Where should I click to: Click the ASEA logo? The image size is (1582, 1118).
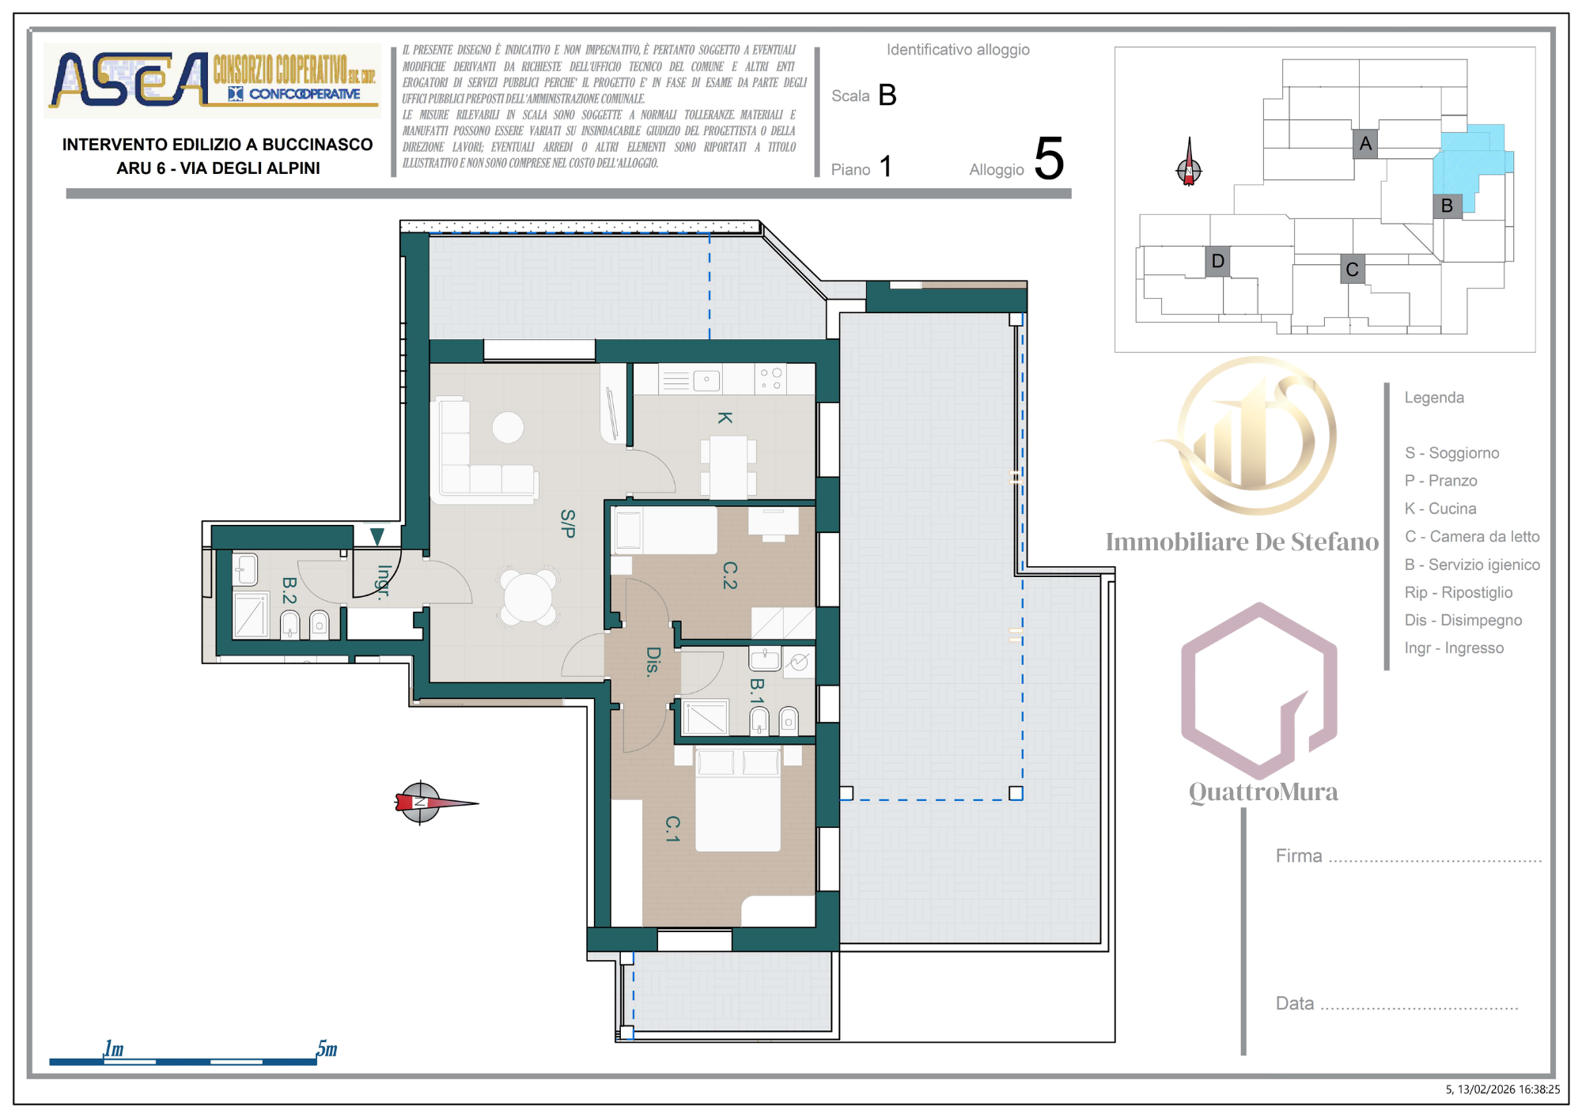click(x=213, y=80)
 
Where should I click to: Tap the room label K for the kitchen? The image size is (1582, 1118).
click(x=725, y=417)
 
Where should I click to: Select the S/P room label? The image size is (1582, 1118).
click(x=568, y=523)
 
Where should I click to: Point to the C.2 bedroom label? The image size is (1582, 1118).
click(x=729, y=576)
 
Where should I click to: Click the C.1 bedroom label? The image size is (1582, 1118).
click(x=672, y=829)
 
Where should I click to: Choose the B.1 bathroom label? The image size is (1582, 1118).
click(x=757, y=691)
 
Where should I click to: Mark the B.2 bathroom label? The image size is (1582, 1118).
click(x=290, y=590)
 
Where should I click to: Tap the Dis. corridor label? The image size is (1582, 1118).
click(x=653, y=661)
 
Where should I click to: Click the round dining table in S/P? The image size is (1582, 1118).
click(x=528, y=597)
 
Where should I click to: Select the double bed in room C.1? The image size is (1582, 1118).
click(x=738, y=799)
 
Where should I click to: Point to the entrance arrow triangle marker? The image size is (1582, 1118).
click(x=377, y=537)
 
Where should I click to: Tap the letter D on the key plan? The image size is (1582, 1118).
click(x=1217, y=261)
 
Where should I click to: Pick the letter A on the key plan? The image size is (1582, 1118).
click(x=1365, y=144)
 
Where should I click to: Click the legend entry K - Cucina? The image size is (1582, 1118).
click(x=1440, y=508)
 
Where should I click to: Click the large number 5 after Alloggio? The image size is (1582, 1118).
click(x=1049, y=158)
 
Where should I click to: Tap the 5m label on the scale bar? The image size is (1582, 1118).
click(x=327, y=1048)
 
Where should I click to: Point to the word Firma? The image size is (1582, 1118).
click(x=1299, y=855)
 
